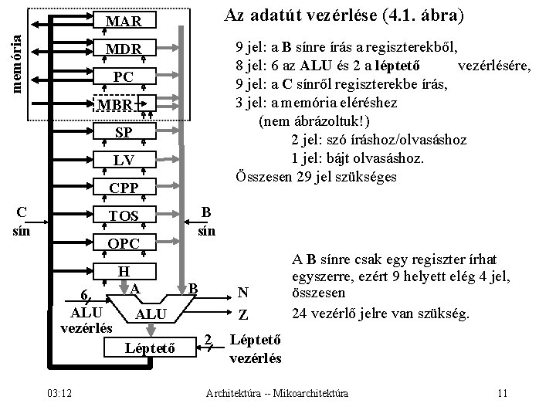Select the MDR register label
124,49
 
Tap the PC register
124,76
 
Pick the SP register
124,132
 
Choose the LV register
124,160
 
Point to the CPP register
124,188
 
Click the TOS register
124,216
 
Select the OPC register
124,244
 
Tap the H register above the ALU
124,271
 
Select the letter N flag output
242,293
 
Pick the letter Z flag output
242,315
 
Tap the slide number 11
502,395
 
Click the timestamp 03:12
59,395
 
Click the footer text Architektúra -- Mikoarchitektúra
277,395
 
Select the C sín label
22,220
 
